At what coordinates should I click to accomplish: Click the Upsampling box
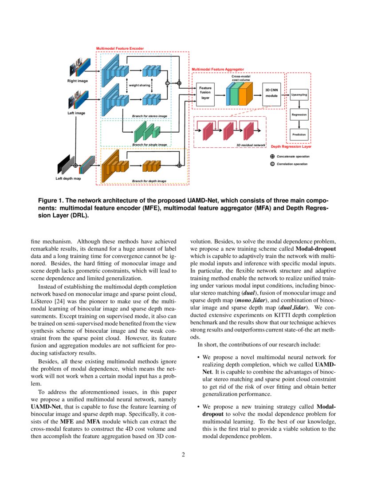[299, 95]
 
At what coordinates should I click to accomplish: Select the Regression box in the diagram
[299, 115]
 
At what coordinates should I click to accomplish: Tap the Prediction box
[299, 134]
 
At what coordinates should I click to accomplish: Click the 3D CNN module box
[271, 93]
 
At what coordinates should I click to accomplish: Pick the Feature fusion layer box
[205, 93]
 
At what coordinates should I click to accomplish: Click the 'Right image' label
[78, 81]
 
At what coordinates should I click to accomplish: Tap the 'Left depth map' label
[69, 179]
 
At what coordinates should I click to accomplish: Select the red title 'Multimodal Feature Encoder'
[120, 48]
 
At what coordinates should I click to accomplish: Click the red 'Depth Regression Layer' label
[291, 146]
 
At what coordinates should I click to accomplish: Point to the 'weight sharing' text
[139, 85]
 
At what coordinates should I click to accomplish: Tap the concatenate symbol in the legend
[272, 157]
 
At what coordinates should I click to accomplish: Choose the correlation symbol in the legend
[272, 164]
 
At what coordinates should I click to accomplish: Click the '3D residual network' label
[251, 145]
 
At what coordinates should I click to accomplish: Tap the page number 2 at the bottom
[183, 455]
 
